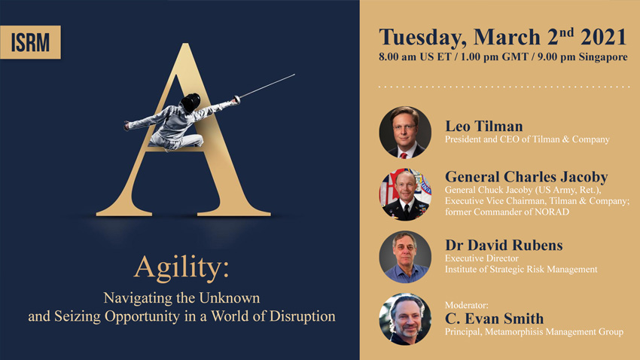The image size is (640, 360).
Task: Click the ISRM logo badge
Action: (x=30, y=42)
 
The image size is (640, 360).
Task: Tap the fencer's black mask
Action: (x=190, y=102)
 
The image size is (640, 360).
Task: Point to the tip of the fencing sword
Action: (x=294, y=75)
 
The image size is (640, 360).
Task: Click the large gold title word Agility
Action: (x=181, y=269)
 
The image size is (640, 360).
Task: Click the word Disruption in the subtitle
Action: (x=303, y=316)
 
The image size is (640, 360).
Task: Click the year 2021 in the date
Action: (x=603, y=37)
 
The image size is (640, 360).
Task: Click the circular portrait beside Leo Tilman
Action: (x=405, y=133)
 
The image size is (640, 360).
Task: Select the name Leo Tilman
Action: (x=483, y=126)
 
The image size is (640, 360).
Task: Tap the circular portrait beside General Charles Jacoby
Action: (x=405, y=195)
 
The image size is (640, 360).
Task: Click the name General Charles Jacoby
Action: (x=526, y=177)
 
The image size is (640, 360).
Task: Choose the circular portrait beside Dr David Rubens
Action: (x=405, y=257)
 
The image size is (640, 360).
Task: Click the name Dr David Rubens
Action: (x=504, y=245)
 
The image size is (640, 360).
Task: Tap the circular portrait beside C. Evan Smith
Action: (x=405, y=319)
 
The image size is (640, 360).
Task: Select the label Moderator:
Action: (x=467, y=305)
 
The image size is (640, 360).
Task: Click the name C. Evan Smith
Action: (x=494, y=319)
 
